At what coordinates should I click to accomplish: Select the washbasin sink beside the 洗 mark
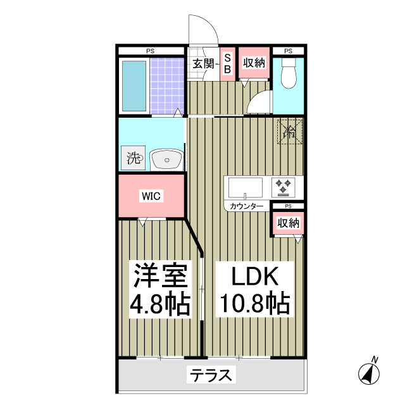(167, 159)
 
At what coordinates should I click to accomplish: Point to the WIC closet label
(151, 196)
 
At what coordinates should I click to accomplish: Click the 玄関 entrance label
(203, 63)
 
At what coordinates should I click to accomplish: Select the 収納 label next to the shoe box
(253, 63)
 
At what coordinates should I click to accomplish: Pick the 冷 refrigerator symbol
(289, 132)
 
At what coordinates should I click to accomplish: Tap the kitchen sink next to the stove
(246, 188)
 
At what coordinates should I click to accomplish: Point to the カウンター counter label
(247, 206)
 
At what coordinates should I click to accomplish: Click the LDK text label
(252, 277)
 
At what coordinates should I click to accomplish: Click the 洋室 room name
(159, 277)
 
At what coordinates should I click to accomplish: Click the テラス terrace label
(211, 376)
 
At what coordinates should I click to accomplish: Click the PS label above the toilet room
(288, 51)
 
